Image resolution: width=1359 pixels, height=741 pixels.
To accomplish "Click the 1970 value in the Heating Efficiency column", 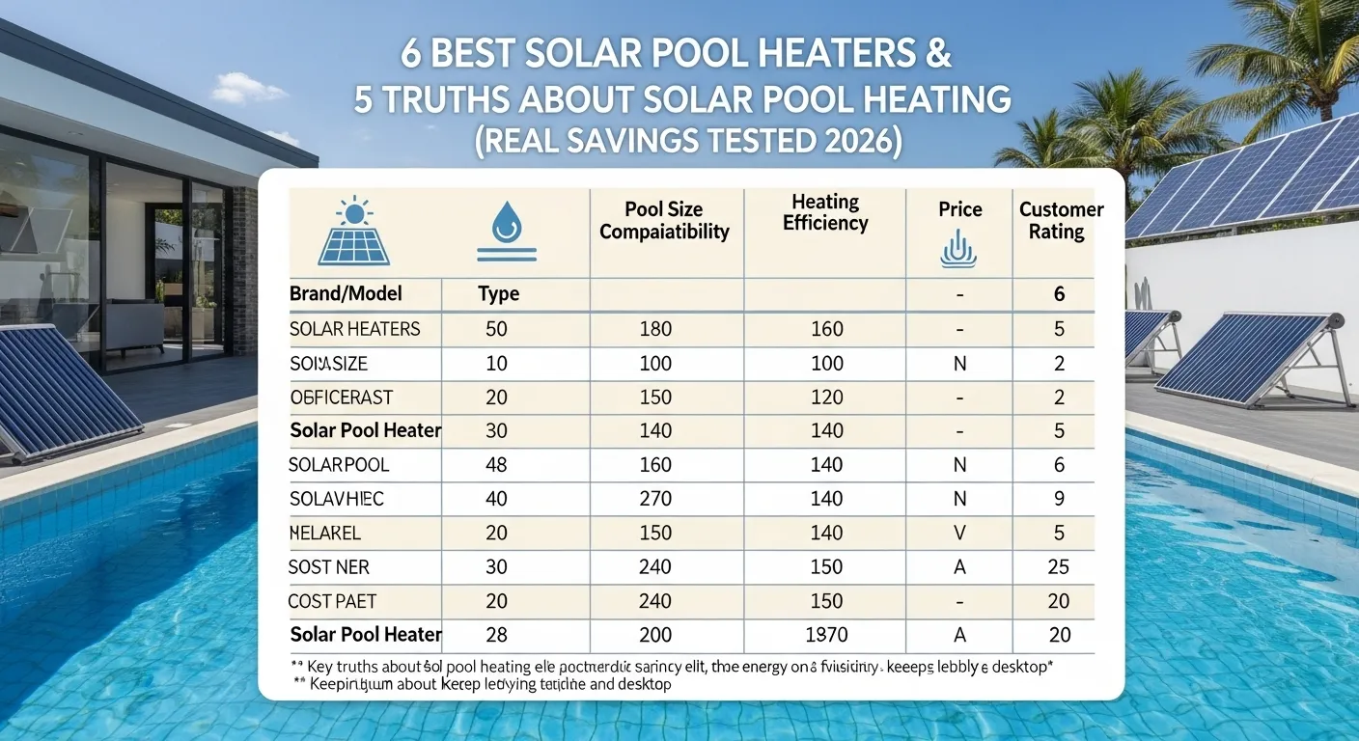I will pyautogui.click(x=826, y=635).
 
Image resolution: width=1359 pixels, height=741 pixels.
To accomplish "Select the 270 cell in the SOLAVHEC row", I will pyautogui.click(x=655, y=499).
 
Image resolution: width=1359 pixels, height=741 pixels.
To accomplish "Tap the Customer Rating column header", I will pyautogui.click(x=1061, y=221).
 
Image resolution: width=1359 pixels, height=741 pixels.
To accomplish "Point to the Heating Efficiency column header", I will pyautogui.click(x=825, y=212).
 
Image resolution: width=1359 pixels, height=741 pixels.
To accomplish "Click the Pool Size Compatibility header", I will pyautogui.click(x=665, y=221).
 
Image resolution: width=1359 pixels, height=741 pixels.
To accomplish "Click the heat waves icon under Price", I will pyautogui.click(x=958, y=249).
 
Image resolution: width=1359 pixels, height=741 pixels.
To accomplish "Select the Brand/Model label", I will pyautogui.click(x=346, y=294).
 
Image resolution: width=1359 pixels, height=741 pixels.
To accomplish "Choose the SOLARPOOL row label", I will pyautogui.click(x=340, y=465).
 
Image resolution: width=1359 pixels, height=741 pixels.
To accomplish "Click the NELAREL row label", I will pyautogui.click(x=325, y=533).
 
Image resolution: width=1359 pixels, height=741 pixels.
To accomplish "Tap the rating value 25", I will pyautogui.click(x=1059, y=567).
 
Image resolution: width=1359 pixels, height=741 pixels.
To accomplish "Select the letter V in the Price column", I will pyautogui.click(x=959, y=533).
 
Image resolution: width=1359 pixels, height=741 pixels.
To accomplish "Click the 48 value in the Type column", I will pyautogui.click(x=496, y=465).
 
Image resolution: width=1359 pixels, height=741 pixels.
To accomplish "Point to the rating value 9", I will pyautogui.click(x=1059, y=499).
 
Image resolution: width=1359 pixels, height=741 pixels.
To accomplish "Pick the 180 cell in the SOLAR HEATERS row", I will pyautogui.click(x=655, y=329).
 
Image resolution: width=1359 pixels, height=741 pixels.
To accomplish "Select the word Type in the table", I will pyautogui.click(x=499, y=294).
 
